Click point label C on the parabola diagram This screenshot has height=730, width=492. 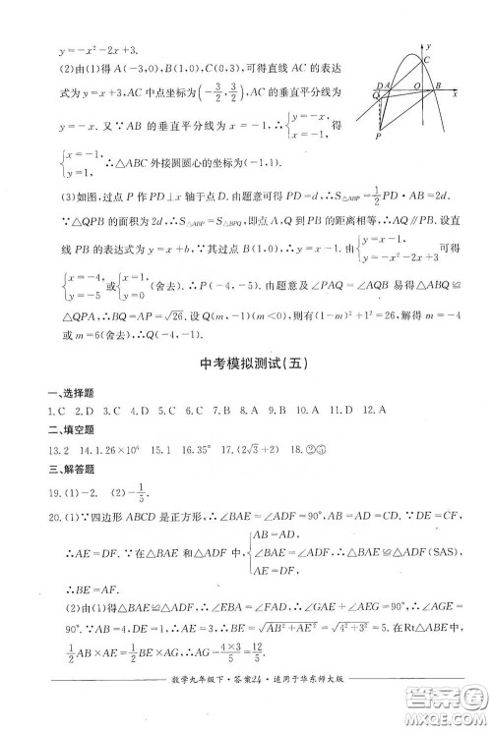coord(428,60)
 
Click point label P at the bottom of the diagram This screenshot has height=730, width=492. coord(378,139)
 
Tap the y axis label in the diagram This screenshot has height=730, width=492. coord(431,44)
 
